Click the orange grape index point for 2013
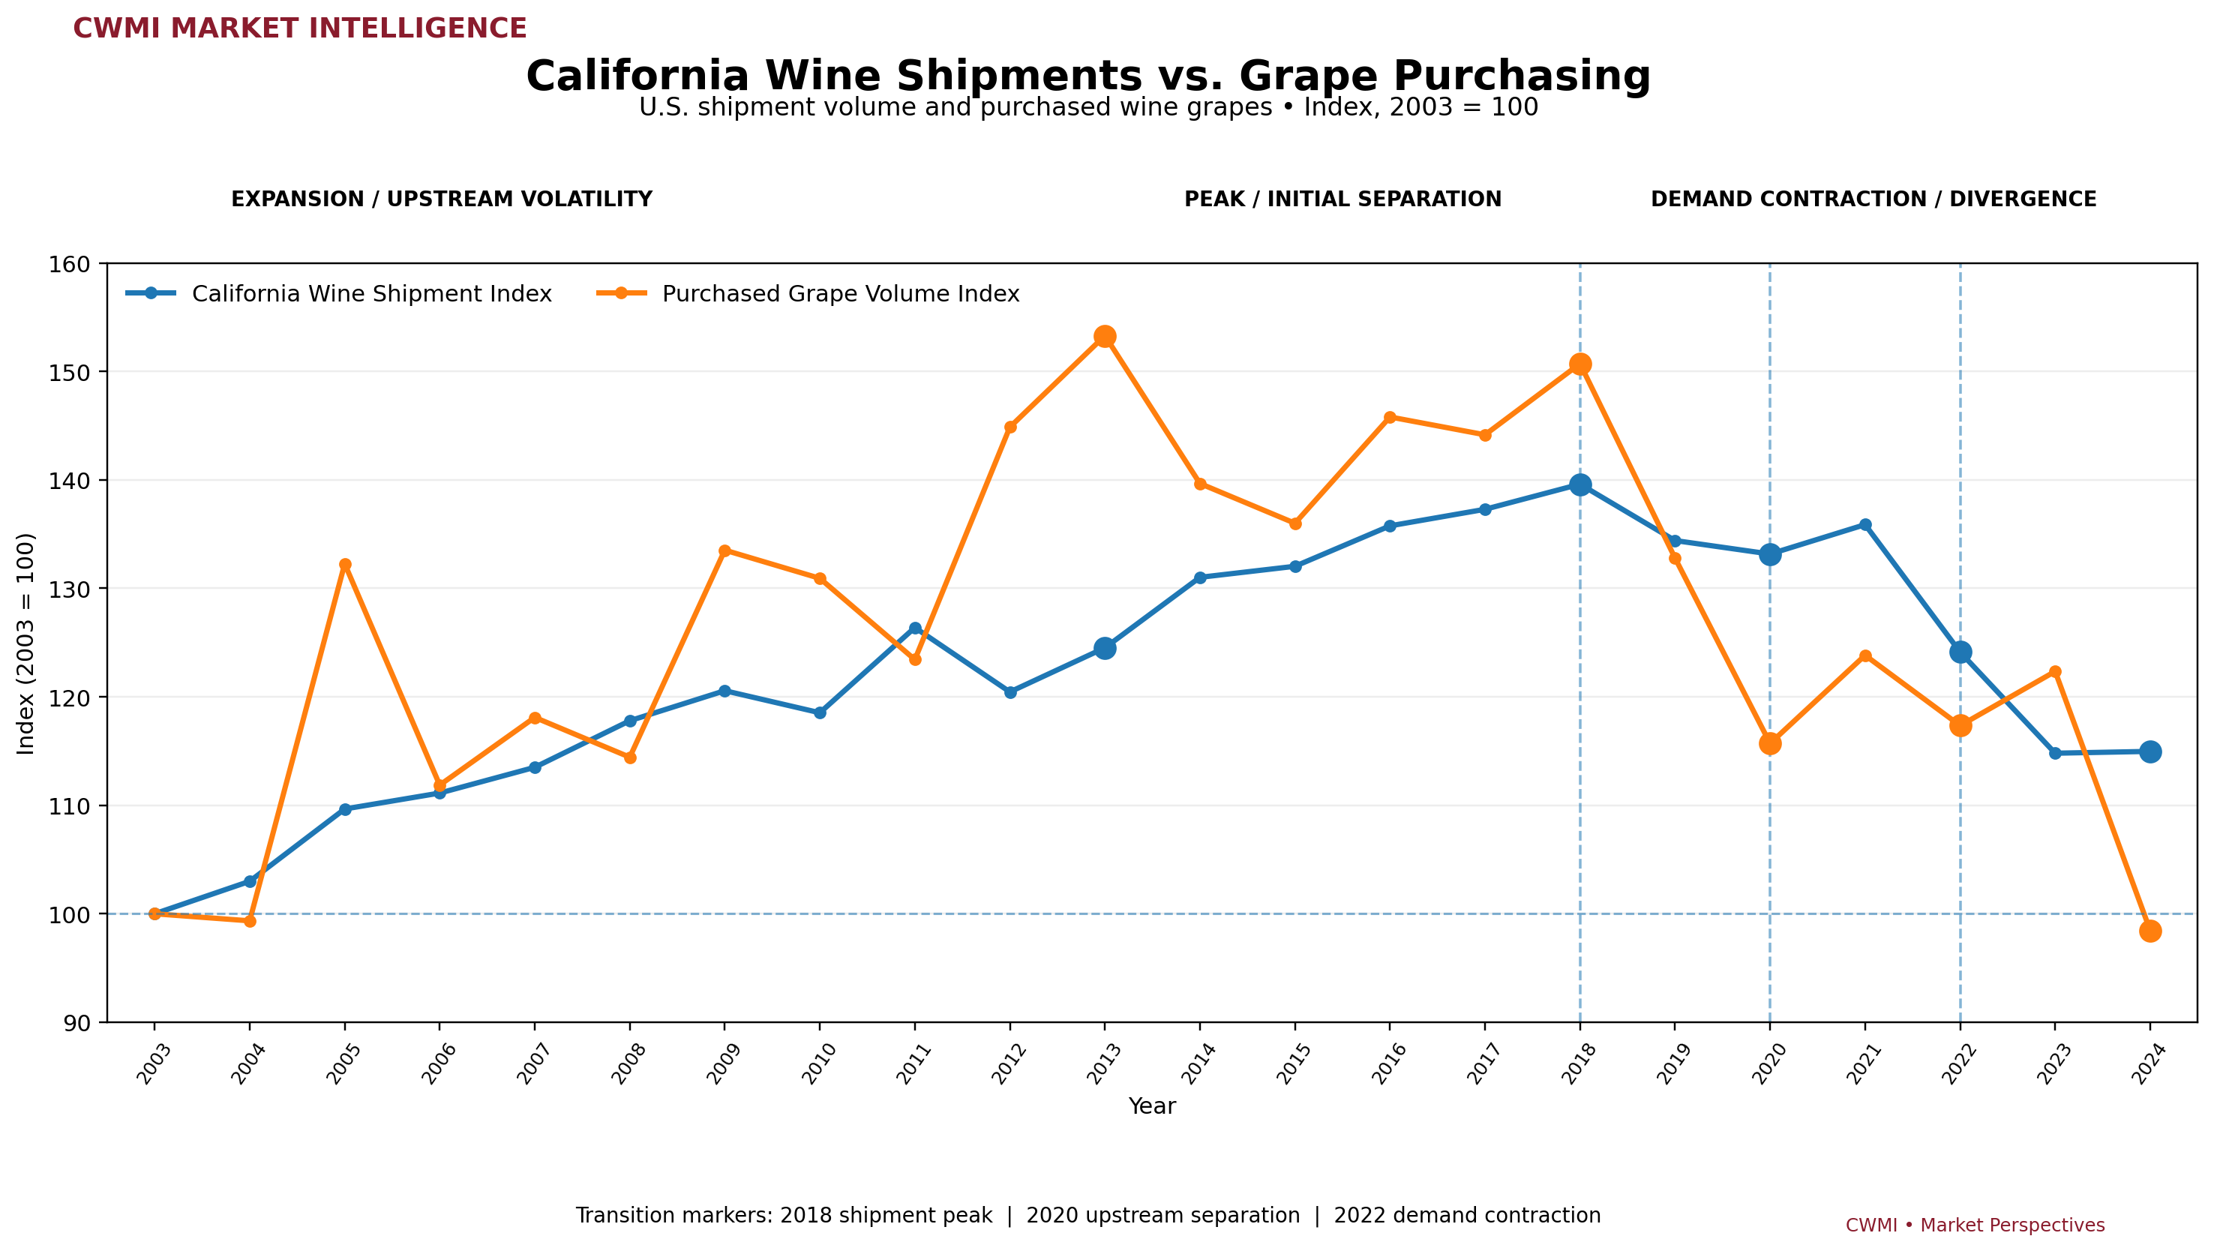1105,337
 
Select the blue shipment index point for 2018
1579,485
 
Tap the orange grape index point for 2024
2149,931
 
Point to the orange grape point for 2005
346,565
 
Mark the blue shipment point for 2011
915,629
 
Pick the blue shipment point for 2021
1865,525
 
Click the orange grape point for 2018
1579,364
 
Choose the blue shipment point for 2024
2149,751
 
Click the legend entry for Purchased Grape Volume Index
808,294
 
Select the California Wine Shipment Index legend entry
339,294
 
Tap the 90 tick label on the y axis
78,1022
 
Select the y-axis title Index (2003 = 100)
27,643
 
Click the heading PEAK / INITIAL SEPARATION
1342,199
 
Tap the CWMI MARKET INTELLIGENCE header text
300,28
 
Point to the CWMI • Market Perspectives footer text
1975,1225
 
